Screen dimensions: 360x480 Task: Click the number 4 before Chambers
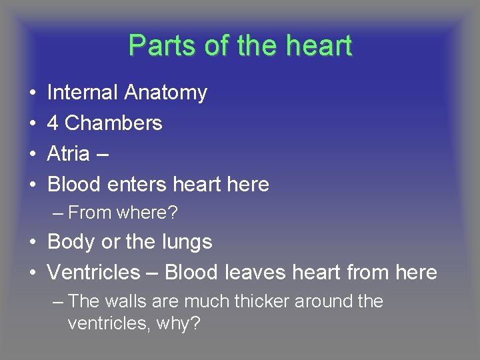(x=53, y=123)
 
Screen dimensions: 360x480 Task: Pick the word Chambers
(x=113, y=123)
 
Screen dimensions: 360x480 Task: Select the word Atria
(x=68, y=154)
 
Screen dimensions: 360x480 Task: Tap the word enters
(x=136, y=185)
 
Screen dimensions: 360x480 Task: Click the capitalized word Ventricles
(x=94, y=273)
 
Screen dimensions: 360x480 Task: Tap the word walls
(x=125, y=301)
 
